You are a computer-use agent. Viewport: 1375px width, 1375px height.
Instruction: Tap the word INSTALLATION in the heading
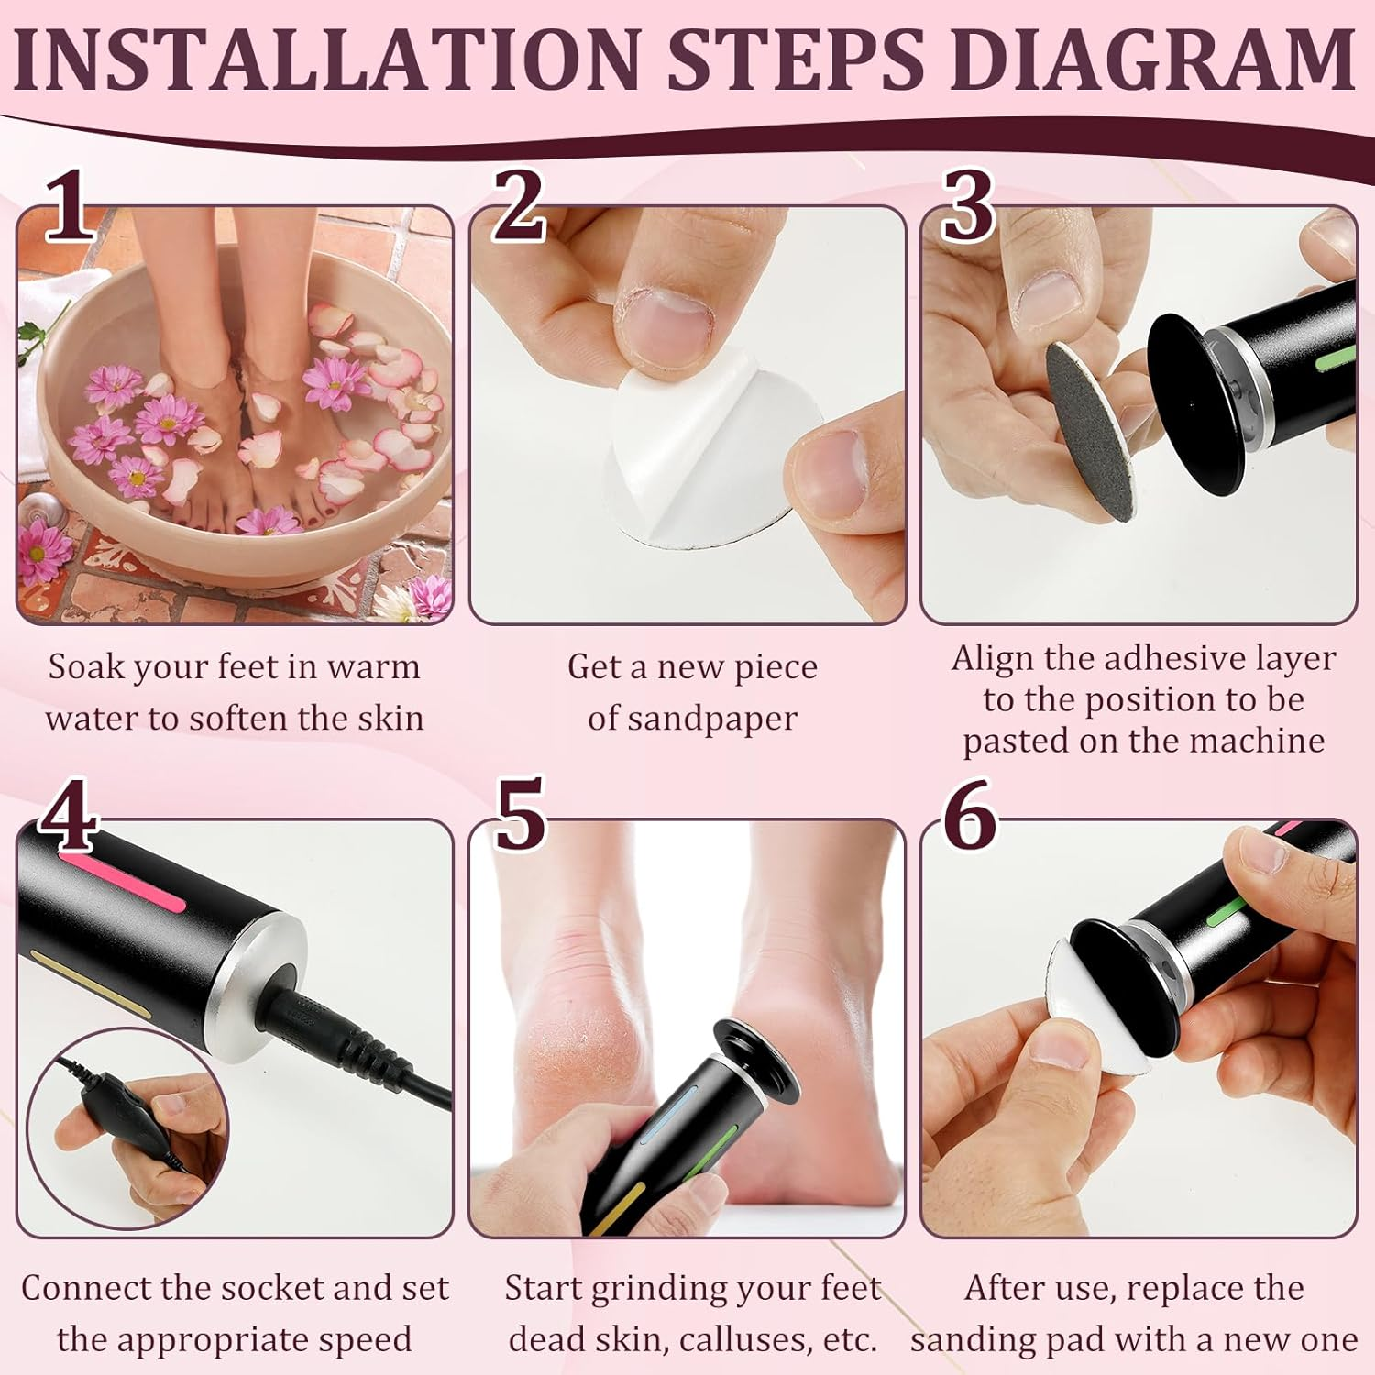326,59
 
